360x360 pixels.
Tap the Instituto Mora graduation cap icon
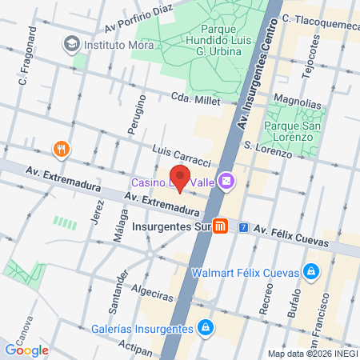tap(72, 42)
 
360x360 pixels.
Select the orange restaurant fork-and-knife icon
tap(60, 148)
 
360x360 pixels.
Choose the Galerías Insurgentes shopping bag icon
tap(206, 326)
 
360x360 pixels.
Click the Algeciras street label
tap(150, 295)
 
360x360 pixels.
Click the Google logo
tap(26, 350)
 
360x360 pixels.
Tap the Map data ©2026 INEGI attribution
tap(313, 354)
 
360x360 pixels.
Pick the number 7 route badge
tap(243, 227)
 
